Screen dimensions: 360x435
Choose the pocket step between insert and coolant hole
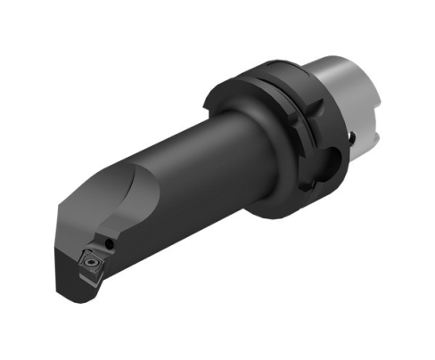(x=101, y=250)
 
